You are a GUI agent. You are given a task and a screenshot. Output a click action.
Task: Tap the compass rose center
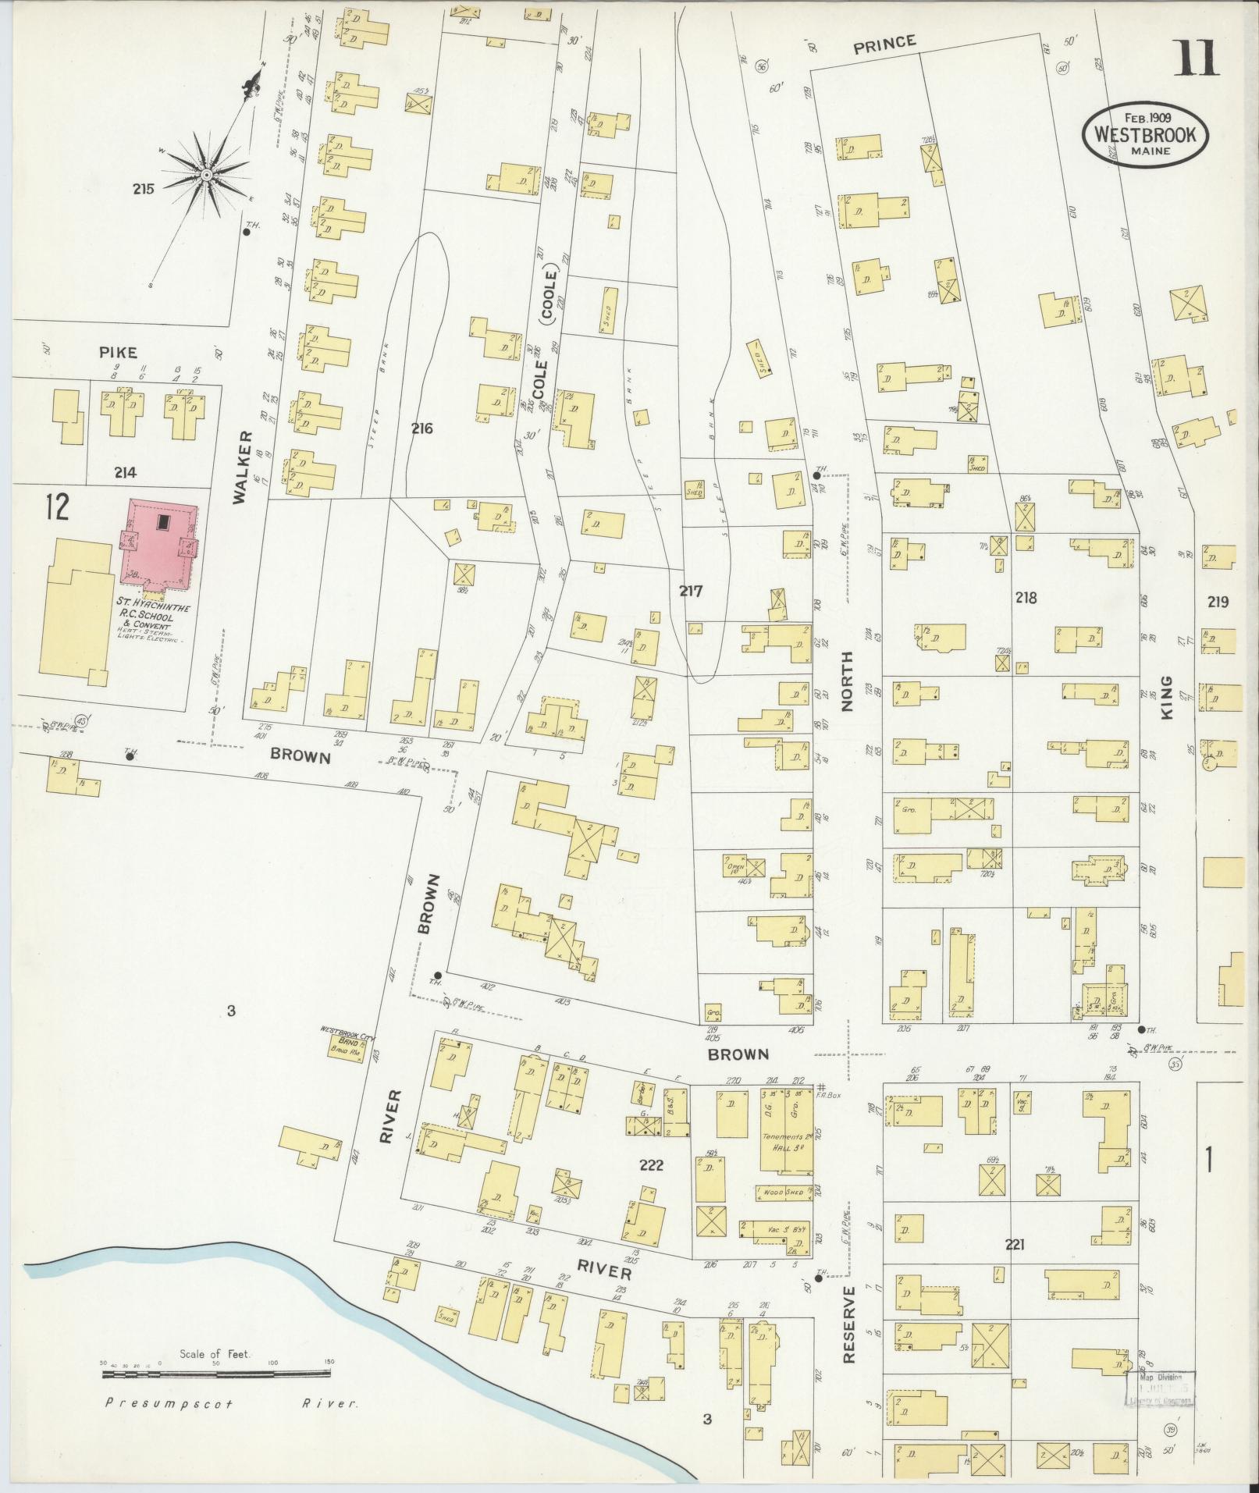pyautogui.click(x=206, y=174)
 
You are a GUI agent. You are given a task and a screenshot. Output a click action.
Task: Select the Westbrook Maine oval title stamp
pyautogui.click(x=1144, y=134)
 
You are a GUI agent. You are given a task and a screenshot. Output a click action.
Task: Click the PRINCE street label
pyautogui.click(x=884, y=44)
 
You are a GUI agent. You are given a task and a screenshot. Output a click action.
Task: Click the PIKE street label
pyautogui.click(x=118, y=352)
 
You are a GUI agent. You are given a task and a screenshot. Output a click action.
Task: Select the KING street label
pyautogui.click(x=1166, y=697)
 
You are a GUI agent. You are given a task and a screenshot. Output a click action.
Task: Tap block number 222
pyautogui.click(x=651, y=1187)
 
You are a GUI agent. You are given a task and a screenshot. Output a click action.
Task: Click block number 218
pyautogui.click(x=1026, y=598)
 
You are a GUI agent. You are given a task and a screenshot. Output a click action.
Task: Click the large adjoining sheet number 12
pyautogui.click(x=57, y=506)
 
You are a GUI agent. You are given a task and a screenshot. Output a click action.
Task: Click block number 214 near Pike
pyautogui.click(x=125, y=472)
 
